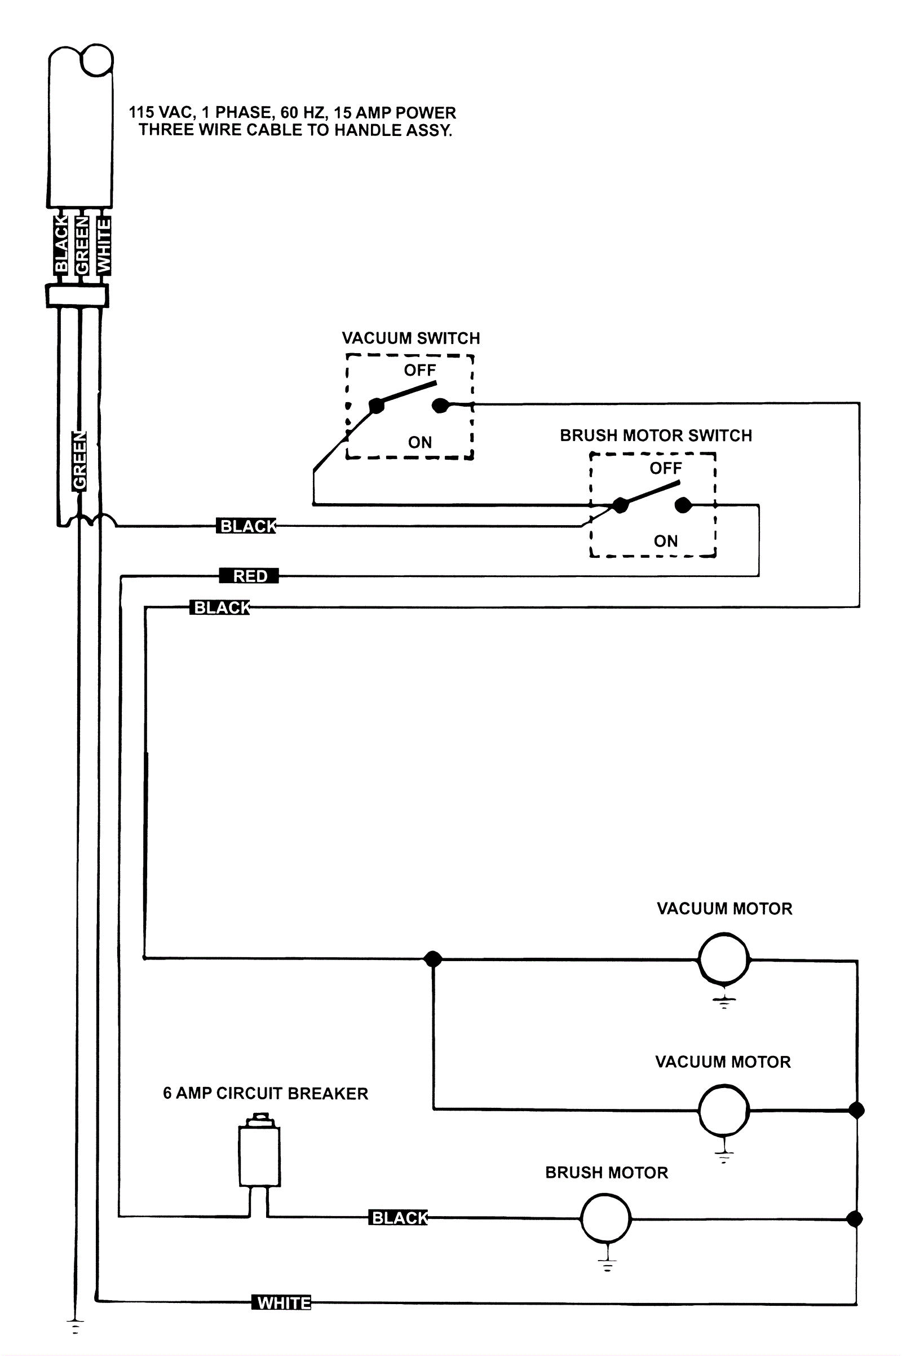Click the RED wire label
tap(249, 575)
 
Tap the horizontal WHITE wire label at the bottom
tap(282, 1302)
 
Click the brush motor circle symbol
tap(605, 1218)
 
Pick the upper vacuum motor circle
tap(724, 958)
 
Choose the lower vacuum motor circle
tap(724, 1110)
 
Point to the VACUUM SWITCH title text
tap(411, 338)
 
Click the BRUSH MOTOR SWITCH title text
tap(656, 435)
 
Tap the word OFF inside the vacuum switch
tap(420, 370)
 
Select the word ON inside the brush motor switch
tap(666, 541)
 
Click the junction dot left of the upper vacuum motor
tap(432, 958)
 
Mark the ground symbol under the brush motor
tap(607, 1264)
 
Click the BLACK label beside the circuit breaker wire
tap(399, 1218)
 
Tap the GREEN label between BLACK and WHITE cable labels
tap(82, 245)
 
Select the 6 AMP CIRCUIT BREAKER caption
tap(265, 1093)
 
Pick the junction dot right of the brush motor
tap(855, 1218)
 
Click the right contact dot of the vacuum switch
tap(440, 406)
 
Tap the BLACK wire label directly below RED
tap(221, 607)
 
